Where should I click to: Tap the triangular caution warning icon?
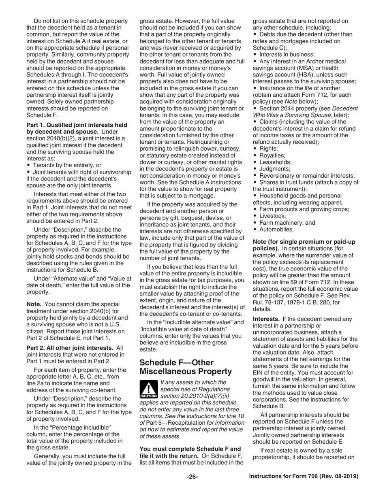(x=148, y=389)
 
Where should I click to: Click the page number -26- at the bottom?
(x=192, y=477)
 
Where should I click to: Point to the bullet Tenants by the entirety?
(x=67, y=165)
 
